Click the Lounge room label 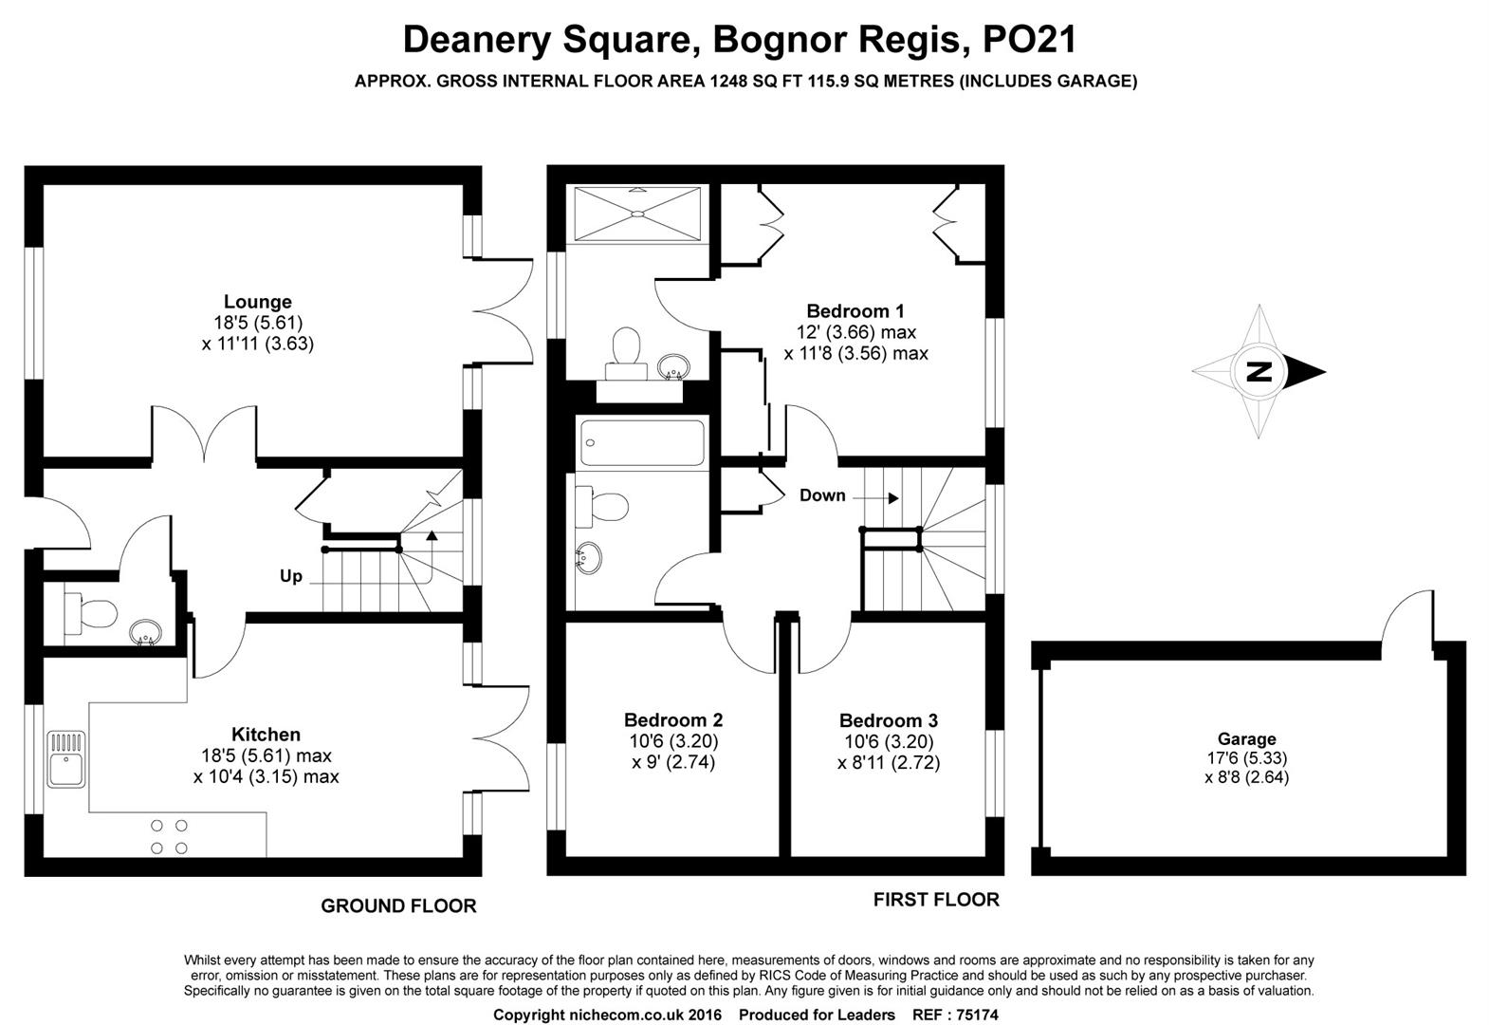coord(258,302)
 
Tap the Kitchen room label coord(266,735)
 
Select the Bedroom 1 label coord(855,311)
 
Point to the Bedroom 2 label coord(673,720)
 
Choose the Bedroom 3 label coord(889,721)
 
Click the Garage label coord(1247,739)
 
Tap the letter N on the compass coord(1259,371)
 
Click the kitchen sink coord(66,759)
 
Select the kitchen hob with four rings coord(169,837)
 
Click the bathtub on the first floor coord(642,442)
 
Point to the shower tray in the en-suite coord(637,214)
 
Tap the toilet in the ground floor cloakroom coord(90,612)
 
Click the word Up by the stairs coord(291,577)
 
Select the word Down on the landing coord(822,495)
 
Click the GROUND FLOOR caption coord(399,906)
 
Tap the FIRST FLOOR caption coord(936,900)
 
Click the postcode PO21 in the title coord(1029,39)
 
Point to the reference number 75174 coord(976,1015)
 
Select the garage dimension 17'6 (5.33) coord(1247,758)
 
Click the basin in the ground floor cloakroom coord(145,632)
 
